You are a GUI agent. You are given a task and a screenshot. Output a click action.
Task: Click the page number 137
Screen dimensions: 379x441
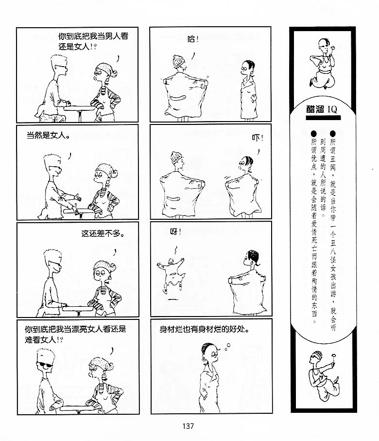188,426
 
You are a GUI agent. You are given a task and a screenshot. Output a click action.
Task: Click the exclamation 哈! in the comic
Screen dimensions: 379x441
193,39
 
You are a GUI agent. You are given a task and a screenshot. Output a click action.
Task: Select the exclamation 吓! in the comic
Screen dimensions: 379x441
258,138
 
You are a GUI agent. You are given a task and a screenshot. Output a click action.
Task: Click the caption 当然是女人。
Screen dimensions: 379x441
49,135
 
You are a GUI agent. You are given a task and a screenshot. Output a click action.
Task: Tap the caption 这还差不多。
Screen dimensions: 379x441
103,233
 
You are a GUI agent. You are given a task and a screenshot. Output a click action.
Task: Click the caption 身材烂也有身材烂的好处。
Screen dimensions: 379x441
205,329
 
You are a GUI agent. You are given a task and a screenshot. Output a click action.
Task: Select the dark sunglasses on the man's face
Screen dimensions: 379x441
45,365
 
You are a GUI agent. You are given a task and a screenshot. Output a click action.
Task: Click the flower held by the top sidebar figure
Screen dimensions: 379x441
334,48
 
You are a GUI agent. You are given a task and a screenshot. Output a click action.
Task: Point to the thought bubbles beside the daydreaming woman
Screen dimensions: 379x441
227,347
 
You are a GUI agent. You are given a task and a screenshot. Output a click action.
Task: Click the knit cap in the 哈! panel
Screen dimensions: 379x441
178,61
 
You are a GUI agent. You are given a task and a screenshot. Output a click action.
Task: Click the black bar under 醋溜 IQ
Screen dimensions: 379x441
323,118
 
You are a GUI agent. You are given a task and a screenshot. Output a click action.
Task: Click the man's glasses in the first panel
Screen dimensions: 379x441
62,67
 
